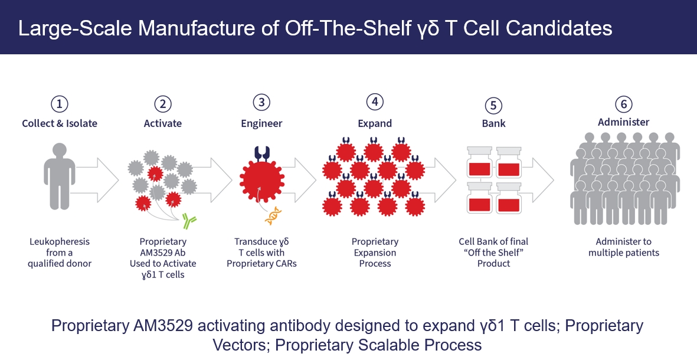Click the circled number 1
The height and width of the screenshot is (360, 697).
coord(60,104)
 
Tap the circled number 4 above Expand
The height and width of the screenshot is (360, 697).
coord(375,102)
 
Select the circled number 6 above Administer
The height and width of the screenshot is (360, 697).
coord(624,104)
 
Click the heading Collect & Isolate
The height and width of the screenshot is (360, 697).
coord(60,123)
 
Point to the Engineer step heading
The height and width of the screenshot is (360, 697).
coord(261,123)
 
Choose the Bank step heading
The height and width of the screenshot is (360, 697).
coord(493,123)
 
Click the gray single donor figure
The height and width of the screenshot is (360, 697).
coord(59,176)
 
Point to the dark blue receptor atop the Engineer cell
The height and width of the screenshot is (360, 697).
coord(262,153)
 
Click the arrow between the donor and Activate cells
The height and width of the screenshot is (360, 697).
coord(97,180)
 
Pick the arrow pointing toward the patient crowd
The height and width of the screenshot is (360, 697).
coord(538,180)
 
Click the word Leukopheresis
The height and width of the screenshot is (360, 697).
coord(60,242)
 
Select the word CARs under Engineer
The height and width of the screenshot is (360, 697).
coord(285,264)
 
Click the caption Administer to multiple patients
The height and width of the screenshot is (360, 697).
coord(624,247)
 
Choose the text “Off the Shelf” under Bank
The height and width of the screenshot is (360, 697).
coord(493,253)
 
